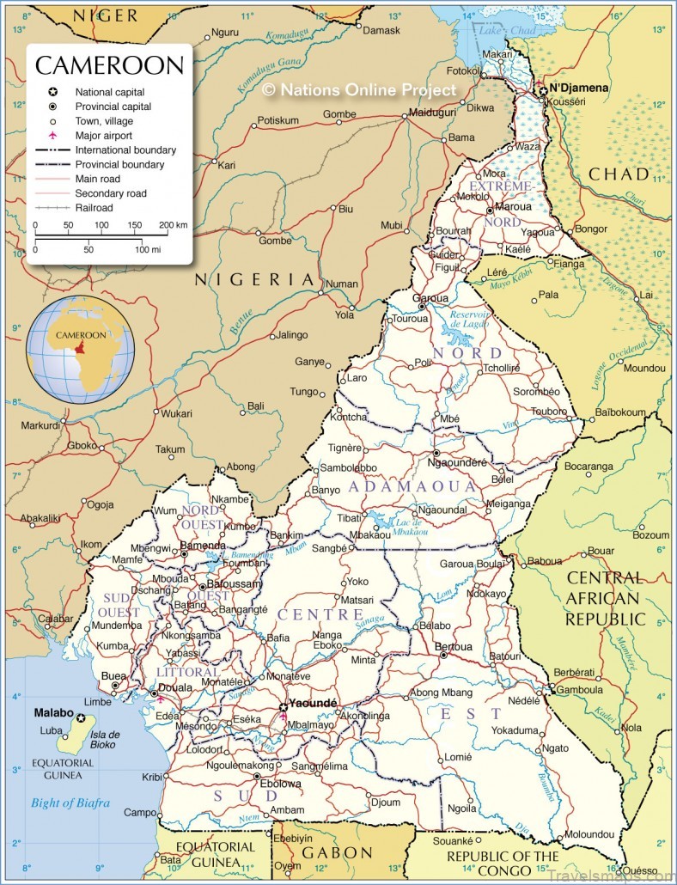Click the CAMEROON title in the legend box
[x=109, y=66]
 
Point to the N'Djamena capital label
[x=578, y=88]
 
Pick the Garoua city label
[x=431, y=299]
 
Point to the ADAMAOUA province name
[x=412, y=486]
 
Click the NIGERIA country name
[x=255, y=279]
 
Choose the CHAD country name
[x=619, y=174]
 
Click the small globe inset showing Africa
[x=80, y=349]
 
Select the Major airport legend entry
[x=104, y=136]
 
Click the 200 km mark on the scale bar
[x=173, y=225]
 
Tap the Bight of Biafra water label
[x=70, y=803]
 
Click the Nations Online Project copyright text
[x=358, y=88]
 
